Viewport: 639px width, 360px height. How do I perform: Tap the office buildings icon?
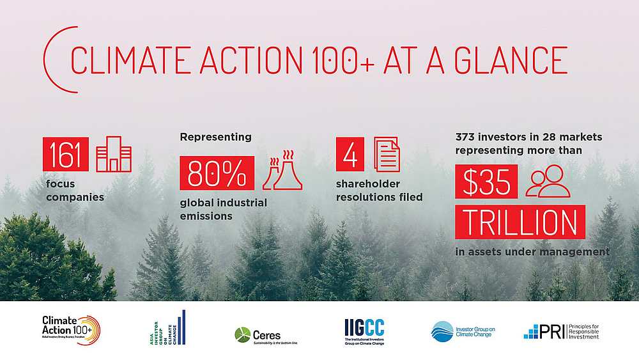113,155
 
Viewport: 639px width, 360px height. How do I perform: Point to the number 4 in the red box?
350,155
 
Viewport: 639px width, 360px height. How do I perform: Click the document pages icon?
387,155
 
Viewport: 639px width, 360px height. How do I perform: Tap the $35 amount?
486,183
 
